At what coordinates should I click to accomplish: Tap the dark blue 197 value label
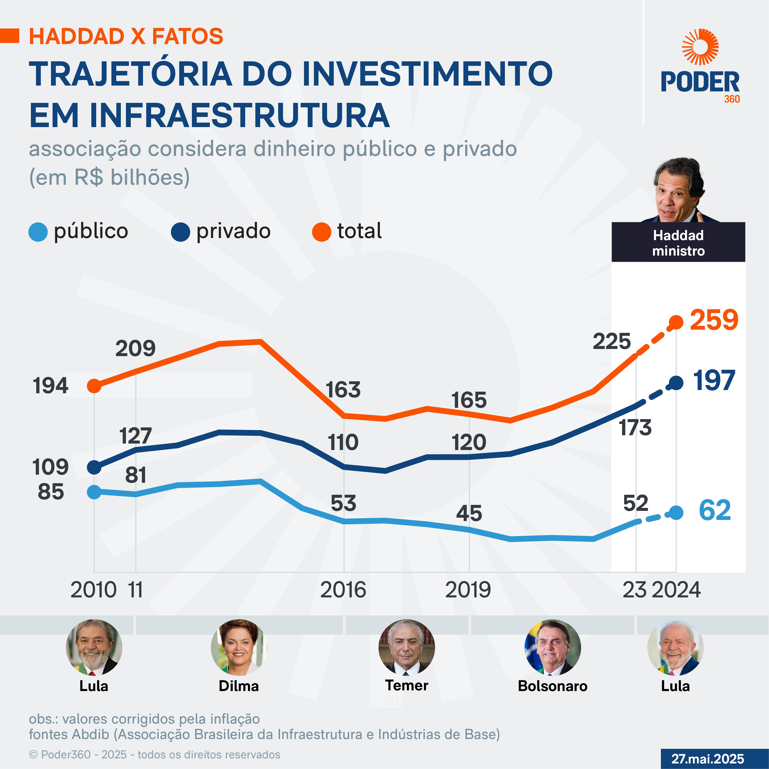[714, 381]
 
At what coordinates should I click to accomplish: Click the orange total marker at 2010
[94, 386]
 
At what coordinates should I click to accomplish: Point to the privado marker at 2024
[676, 383]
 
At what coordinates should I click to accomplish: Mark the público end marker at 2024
[676, 513]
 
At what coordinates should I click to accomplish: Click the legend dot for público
[38, 232]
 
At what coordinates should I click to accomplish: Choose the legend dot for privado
[180, 232]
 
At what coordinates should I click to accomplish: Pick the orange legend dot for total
[322, 232]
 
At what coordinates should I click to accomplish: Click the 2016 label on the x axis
[343, 590]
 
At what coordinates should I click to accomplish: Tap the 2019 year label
[468, 590]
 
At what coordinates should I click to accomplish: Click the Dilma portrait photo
[238, 647]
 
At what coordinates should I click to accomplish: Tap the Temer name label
[406, 686]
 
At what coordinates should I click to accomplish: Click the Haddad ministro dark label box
[678, 242]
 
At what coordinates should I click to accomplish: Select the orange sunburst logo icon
[700, 47]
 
